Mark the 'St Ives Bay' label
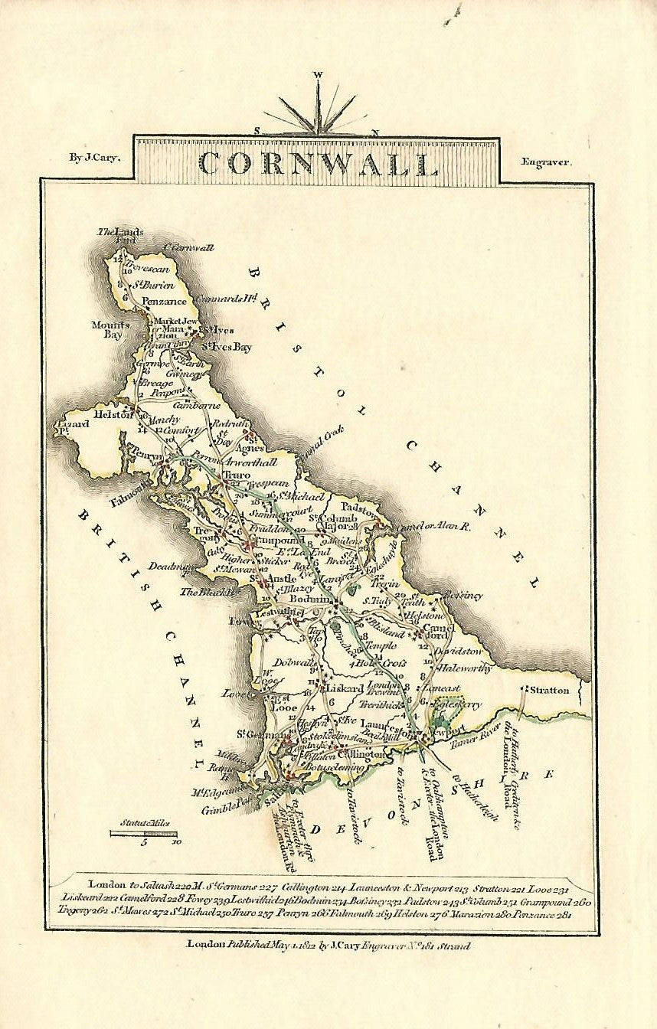227,347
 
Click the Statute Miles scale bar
143,833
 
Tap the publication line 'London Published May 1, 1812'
329,945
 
